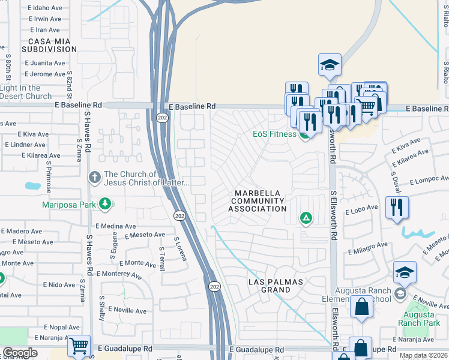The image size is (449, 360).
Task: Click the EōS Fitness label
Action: click(x=274, y=134)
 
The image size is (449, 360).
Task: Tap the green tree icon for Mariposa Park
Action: click(x=106, y=205)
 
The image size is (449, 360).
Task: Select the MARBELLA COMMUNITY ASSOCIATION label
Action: click(x=258, y=200)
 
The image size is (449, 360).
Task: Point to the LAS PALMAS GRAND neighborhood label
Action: click(x=270, y=286)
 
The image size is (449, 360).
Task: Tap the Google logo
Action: click(x=20, y=353)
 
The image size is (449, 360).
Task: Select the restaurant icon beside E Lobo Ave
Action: click(x=397, y=208)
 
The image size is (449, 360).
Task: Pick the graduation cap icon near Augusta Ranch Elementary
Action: click(x=405, y=272)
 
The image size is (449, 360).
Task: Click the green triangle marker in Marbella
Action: click(x=306, y=218)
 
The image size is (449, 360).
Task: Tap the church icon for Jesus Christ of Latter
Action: click(x=94, y=178)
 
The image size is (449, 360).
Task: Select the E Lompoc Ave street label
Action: click(x=429, y=181)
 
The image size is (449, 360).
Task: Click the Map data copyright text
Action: click(x=423, y=355)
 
